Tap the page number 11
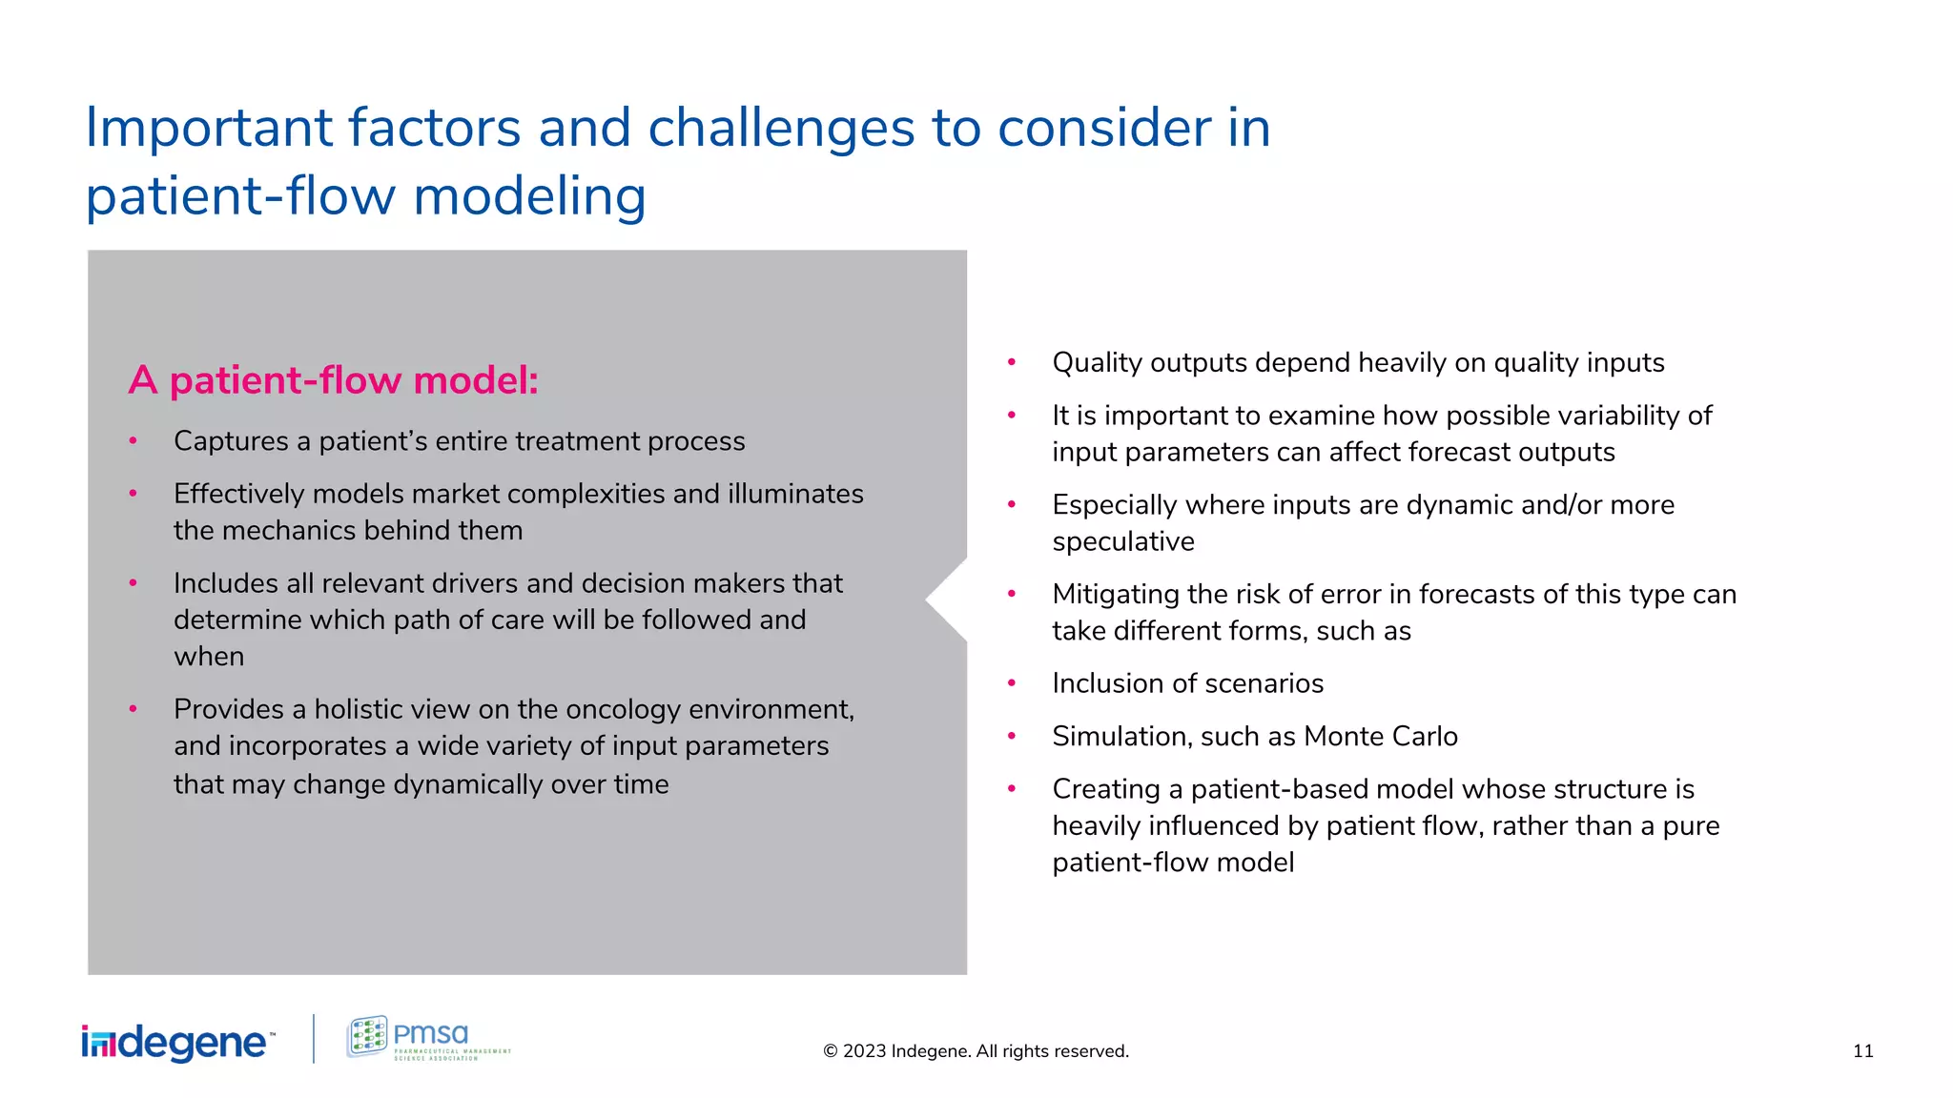coord(1862,1051)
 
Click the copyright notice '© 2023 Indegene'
coord(975,1051)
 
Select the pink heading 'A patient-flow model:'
coord(333,380)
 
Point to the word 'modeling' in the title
coord(529,196)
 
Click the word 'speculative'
coord(1122,542)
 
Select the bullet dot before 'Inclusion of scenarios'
coord(1012,683)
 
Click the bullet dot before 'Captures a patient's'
coord(134,440)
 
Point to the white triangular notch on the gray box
coord(950,600)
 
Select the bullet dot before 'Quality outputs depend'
coord(1012,362)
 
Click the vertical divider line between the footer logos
coord(314,1039)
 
